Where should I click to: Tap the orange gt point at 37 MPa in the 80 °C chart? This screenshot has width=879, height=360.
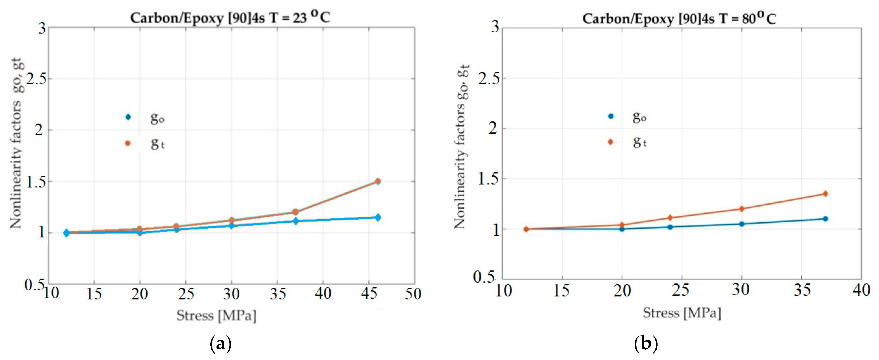(x=825, y=194)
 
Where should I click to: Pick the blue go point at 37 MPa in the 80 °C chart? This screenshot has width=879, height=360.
(x=825, y=219)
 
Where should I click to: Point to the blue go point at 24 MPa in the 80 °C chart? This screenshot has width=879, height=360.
(x=670, y=227)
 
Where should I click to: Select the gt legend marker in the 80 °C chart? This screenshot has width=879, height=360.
(x=611, y=142)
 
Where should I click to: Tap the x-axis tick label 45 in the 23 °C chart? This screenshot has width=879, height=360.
(x=369, y=293)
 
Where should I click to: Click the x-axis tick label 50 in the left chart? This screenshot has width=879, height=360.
(x=413, y=293)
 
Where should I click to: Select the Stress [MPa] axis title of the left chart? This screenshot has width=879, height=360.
(x=216, y=316)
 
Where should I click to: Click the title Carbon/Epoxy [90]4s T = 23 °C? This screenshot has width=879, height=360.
(x=230, y=17)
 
